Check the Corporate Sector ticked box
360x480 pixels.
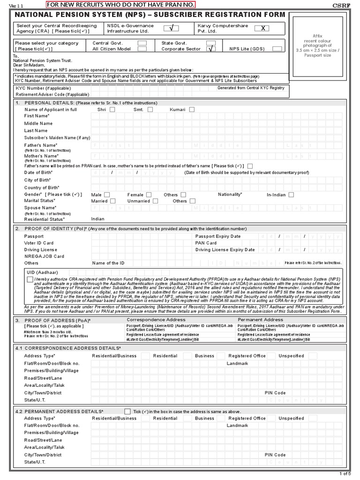(211, 49)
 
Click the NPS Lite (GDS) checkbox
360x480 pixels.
(277, 49)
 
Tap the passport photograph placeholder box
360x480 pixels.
(321, 45)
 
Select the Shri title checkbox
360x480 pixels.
(112, 110)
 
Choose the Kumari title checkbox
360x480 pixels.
(192, 110)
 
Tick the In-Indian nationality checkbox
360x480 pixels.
(291, 195)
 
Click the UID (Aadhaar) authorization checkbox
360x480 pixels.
(30, 279)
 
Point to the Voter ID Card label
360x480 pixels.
(39, 243)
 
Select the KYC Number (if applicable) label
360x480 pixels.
(40, 88)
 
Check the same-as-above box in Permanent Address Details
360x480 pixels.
(127, 411)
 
